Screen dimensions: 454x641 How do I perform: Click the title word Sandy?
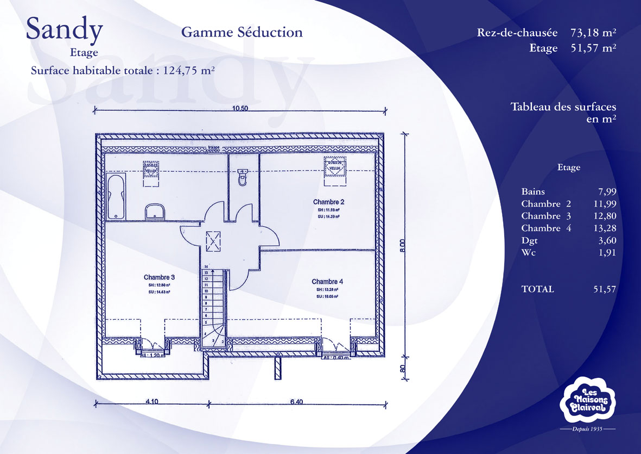(64, 30)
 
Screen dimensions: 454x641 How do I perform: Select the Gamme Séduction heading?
(242, 32)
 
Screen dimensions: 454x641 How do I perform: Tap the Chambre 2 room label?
(328, 202)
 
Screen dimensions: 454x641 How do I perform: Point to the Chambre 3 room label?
(159, 277)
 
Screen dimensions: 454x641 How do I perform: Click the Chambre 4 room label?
(327, 282)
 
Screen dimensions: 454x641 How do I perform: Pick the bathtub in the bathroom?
(116, 196)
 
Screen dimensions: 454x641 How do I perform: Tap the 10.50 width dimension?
(240, 108)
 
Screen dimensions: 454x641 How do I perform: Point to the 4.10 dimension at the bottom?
(151, 402)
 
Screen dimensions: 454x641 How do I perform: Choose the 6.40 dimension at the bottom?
(296, 402)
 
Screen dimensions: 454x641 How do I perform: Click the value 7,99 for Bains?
(607, 191)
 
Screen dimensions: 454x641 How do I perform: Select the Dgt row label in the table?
(529, 240)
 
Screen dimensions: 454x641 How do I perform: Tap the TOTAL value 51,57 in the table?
(605, 289)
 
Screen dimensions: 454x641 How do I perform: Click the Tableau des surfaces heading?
(563, 107)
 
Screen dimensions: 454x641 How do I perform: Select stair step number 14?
(206, 266)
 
